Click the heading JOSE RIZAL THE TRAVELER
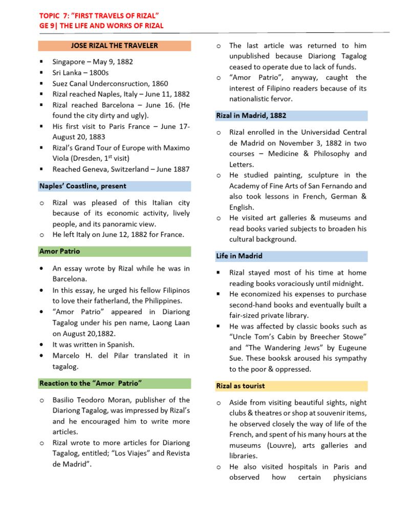(115, 46)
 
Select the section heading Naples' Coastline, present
(82, 186)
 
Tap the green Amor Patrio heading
(59, 251)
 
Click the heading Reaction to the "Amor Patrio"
(90, 383)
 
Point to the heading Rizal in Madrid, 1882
(251, 116)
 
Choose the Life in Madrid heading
(239, 256)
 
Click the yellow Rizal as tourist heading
(240, 386)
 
